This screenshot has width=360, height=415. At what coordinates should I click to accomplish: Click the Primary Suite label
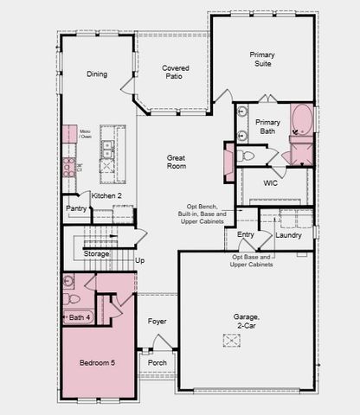262,60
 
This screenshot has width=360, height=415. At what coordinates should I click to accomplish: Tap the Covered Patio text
175,73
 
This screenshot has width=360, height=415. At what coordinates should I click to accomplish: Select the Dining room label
97,74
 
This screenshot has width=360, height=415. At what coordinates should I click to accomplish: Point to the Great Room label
177,162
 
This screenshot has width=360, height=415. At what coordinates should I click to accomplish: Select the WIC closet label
270,183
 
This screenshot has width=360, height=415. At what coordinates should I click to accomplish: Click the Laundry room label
288,235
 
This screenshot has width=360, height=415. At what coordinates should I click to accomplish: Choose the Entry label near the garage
246,234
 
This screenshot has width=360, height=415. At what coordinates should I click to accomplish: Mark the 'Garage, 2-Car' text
247,321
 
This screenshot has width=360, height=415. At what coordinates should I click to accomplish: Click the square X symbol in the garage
231,341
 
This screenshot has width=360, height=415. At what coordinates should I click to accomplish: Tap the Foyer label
157,322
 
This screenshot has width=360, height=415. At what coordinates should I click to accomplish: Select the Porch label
157,362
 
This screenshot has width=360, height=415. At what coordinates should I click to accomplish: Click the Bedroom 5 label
92,362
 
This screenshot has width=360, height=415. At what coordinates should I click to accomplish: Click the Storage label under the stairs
96,254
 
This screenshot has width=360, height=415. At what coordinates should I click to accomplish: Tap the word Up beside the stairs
140,259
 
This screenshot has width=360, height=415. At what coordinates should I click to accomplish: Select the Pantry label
76,208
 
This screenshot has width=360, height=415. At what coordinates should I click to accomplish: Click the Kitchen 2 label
107,196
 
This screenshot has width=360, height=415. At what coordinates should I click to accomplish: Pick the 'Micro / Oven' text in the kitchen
85,134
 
